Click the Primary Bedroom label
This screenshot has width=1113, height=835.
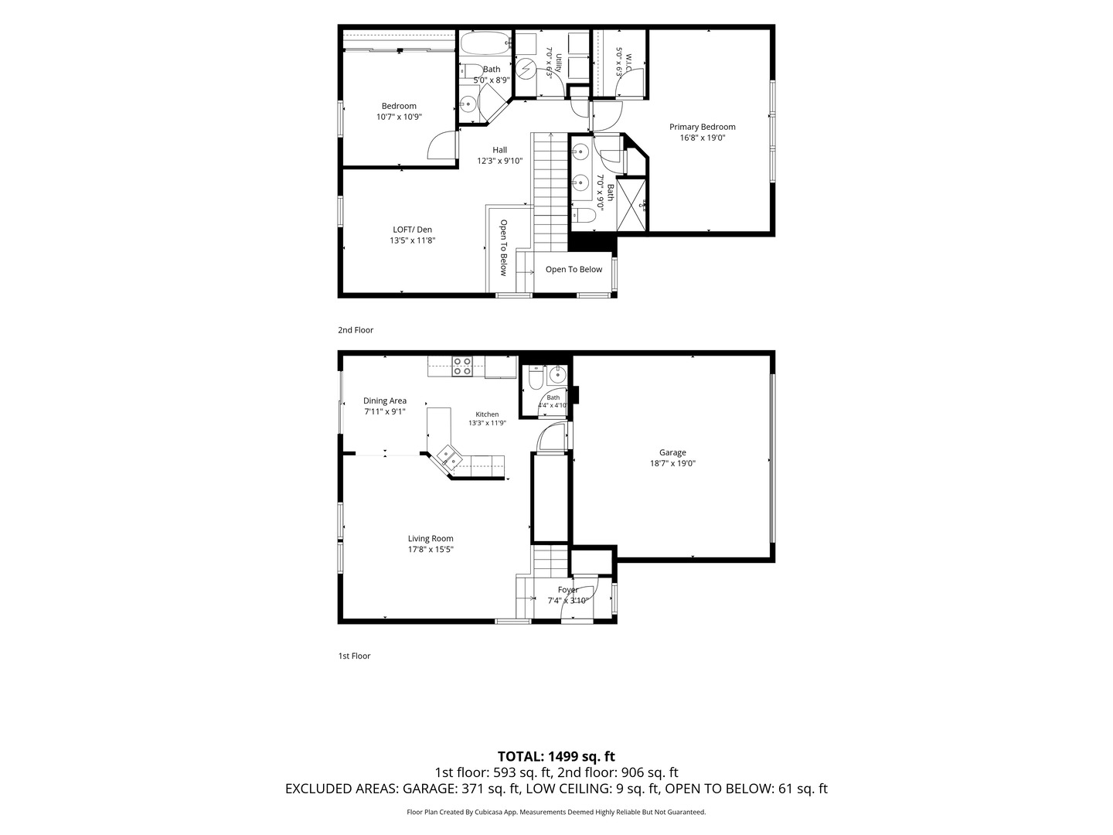tap(702, 127)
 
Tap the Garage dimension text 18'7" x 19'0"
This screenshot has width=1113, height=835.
tap(672, 463)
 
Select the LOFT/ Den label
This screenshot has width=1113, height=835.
tap(412, 230)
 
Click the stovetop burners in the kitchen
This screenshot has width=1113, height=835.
tap(462, 366)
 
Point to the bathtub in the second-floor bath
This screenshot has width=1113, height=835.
tap(485, 43)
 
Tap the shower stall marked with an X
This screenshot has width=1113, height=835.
tap(631, 205)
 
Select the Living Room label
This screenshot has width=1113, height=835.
tap(431, 538)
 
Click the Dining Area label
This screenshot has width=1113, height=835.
tap(385, 400)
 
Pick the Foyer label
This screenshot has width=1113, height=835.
tap(568, 590)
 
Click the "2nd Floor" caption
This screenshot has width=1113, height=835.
tap(356, 330)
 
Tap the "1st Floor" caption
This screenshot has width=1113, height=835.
tap(355, 656)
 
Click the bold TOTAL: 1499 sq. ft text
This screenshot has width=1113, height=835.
tap(556, 756)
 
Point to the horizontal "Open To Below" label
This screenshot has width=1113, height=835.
tap(574, 269)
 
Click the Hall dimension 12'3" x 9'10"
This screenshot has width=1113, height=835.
tap(499, 162)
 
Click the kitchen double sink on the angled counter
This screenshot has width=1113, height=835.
tap(449, 455)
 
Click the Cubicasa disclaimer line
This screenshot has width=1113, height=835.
tap(556, 812)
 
